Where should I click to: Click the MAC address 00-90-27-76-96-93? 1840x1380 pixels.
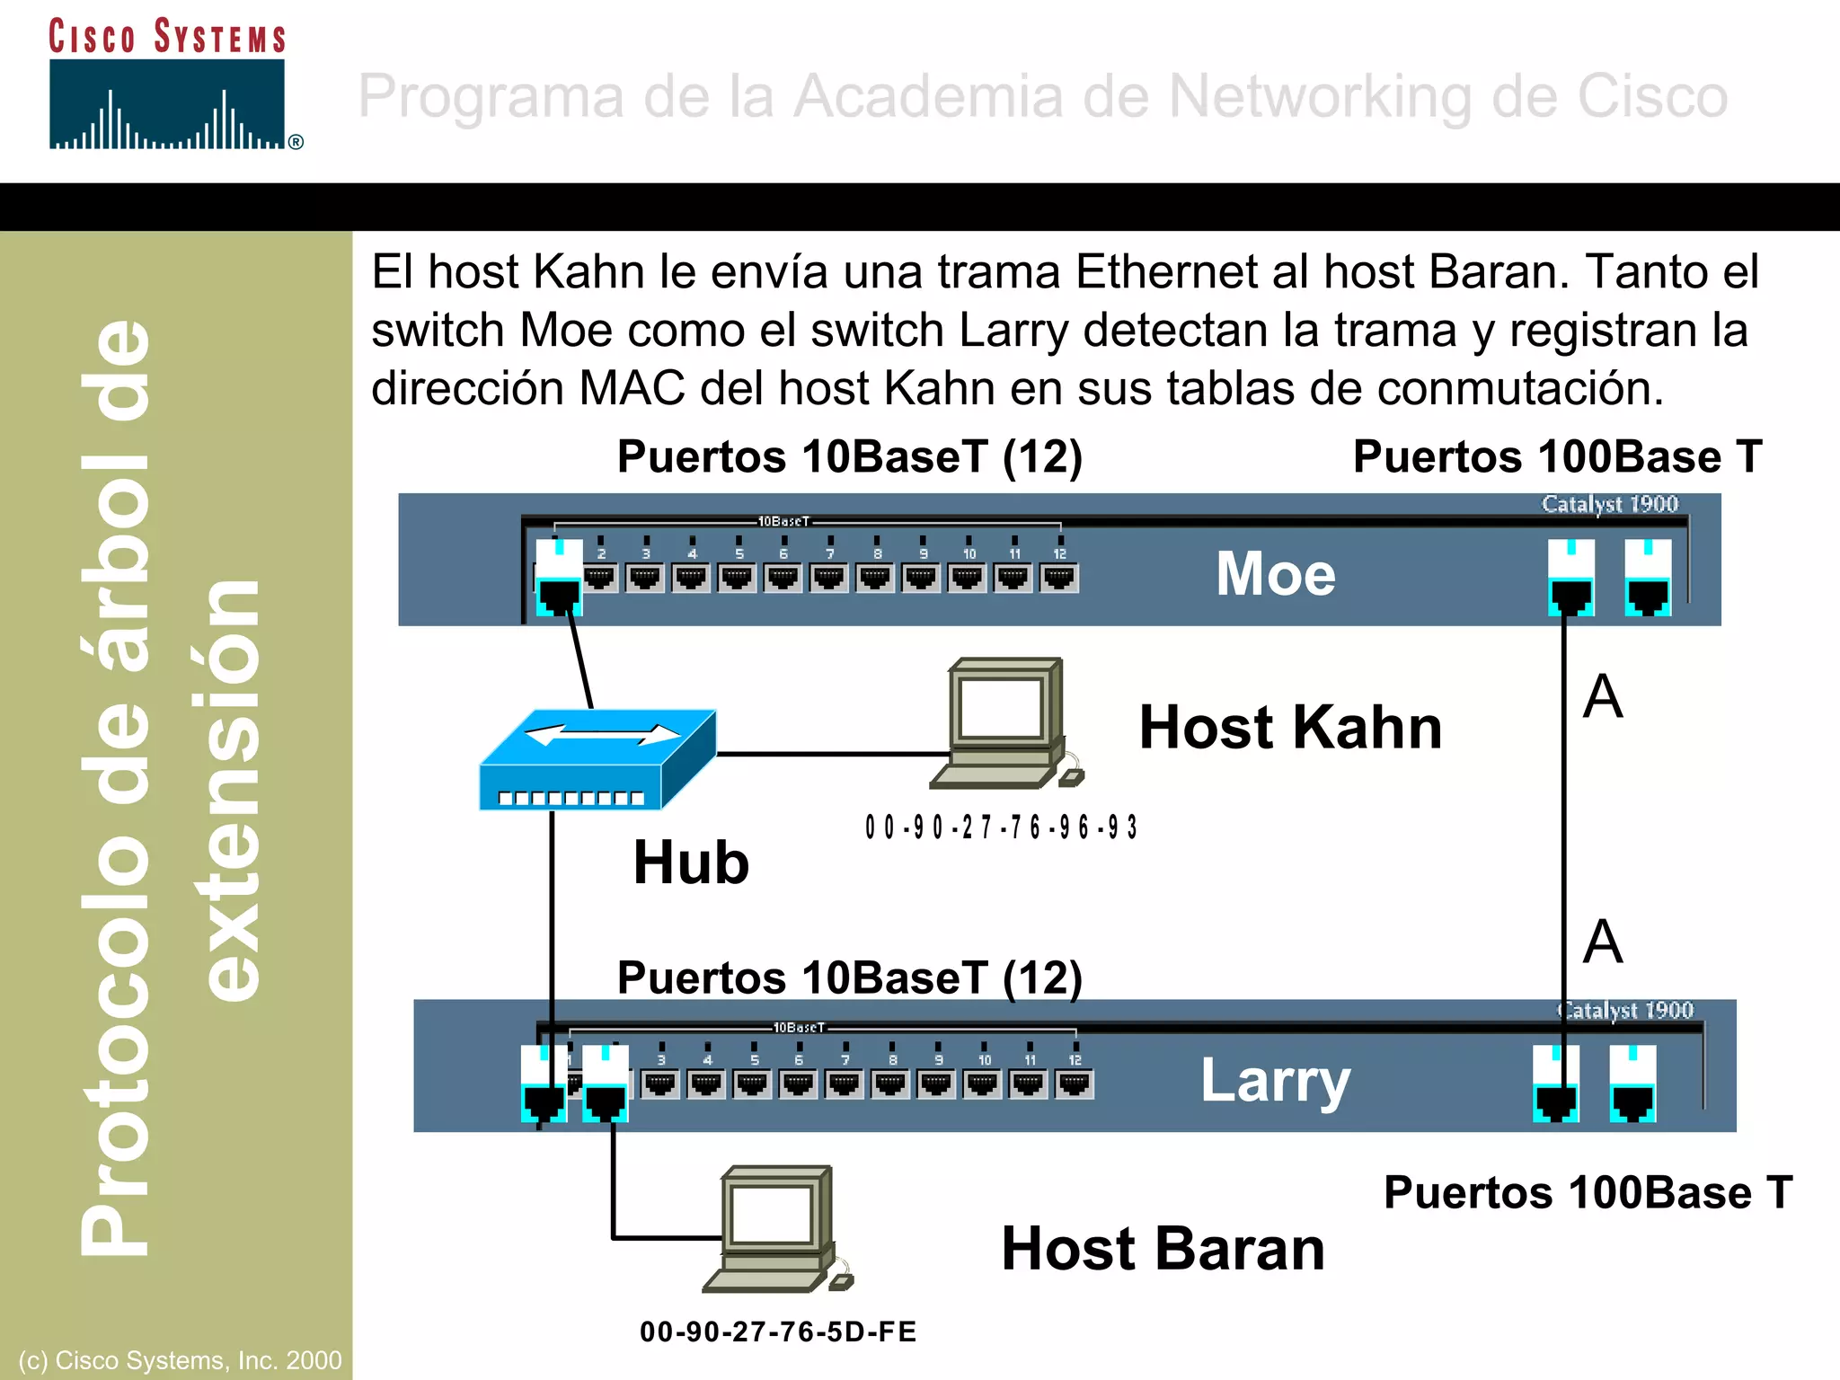[x=1001, y=827]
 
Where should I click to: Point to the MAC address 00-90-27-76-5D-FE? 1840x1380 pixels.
[x=778, y=1331]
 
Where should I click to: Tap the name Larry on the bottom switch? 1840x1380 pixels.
[x=1275, y=1080]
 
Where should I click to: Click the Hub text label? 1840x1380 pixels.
[x=691, y=862]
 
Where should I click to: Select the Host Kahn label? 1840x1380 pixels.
[x=1290, y=727]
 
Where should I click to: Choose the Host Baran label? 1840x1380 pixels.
[x=1163, y=1249]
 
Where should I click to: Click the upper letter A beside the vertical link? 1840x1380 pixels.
[x=1603, y=697]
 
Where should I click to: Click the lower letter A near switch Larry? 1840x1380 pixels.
[x=1603, y=942]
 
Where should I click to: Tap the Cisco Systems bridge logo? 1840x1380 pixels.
[x=168, y=104]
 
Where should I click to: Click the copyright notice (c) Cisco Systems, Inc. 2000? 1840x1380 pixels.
[x=180, y=1360]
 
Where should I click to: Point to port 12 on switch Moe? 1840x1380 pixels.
[x=1059, y=577]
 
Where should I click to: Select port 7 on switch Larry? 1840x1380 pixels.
[x=845, y=1084]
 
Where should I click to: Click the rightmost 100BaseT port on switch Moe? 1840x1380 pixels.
[x=1648, y=579]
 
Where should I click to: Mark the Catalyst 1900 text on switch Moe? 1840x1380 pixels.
[x=1610, y=504]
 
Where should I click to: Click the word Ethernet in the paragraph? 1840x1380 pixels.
[x=1165, y=271]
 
